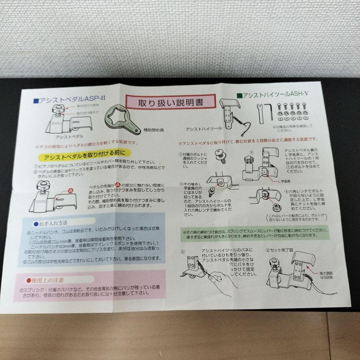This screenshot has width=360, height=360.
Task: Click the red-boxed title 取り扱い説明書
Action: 165,102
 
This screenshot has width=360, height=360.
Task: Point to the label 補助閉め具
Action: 153,130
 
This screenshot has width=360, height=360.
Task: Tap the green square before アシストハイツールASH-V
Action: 238,96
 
